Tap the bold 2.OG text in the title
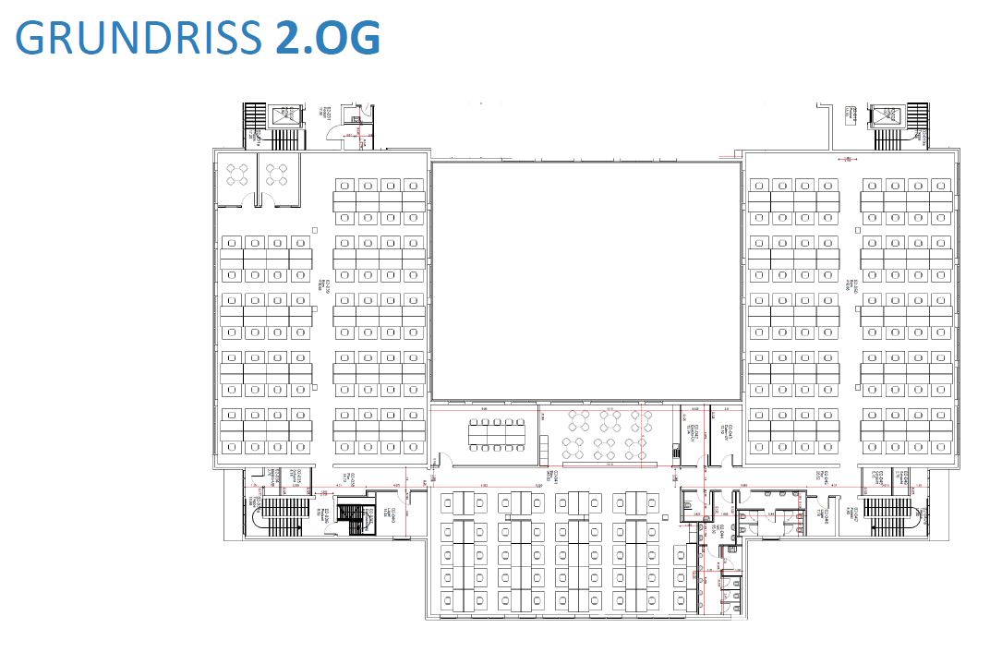327,37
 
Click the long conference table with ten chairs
496,435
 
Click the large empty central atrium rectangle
586,281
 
